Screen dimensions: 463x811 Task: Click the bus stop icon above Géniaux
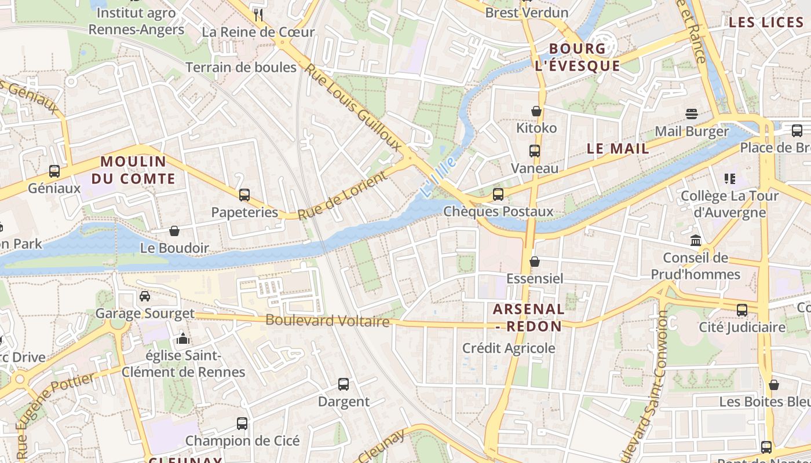(54, 171)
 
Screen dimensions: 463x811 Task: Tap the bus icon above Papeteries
(244, 194)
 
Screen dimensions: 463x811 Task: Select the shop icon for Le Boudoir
(174, 231)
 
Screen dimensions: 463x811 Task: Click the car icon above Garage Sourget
(145, 296)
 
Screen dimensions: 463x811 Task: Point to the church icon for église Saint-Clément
(183, 338)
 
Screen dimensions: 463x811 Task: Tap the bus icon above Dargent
(344, 384)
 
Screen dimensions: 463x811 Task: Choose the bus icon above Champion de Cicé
(242, 423)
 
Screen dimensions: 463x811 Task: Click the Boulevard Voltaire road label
(327, 320)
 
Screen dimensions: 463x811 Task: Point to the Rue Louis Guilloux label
(353, 107)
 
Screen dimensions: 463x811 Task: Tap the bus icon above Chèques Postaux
(498, 194)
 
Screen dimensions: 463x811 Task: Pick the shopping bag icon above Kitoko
(536, 111)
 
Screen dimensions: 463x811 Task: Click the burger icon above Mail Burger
(692, 113)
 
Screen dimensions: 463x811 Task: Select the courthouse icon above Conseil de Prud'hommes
(696, 240)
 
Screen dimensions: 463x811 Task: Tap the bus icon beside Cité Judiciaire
(742, 310)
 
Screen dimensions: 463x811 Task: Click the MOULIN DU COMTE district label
(133, 170)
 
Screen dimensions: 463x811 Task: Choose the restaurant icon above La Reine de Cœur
(258, 14)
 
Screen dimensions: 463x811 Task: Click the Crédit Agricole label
(509, 348)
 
